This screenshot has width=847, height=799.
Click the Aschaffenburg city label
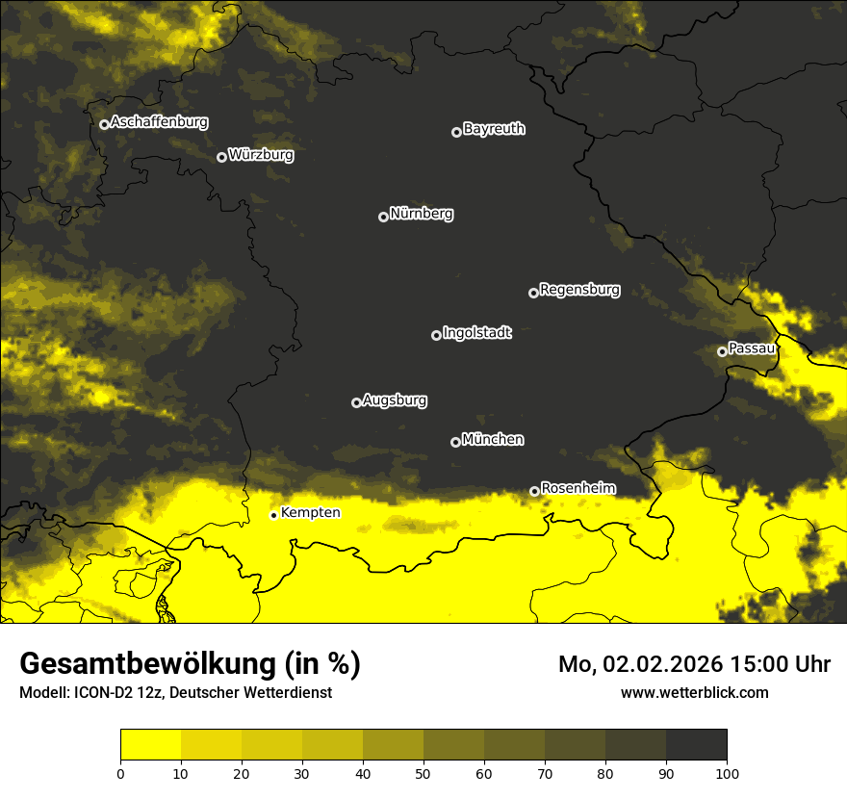pyautogui.click(x=159, y=122)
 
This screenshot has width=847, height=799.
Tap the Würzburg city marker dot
pyautogui.click(x=221, y=157)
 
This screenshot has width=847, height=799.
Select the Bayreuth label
pyautogui.click(x=494, y=129)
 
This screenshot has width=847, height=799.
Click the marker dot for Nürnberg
pyautogui.click(x=383, y=217)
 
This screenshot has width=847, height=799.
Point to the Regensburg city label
pyautogui.click(x=579, y=290)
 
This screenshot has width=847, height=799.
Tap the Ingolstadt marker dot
pyautogui.click(x=436, y=335)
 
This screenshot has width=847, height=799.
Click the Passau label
pyautogui.click(x=752, y=348)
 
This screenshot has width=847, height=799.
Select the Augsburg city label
pyautogui.click(x=395, y=400)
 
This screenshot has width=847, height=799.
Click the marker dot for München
pyautogui.click(x=455, y=442)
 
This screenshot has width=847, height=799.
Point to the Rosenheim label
pyautogui.click(x=577, y=489)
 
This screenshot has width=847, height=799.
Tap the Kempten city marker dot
pyautogui.click(x=273, y=515)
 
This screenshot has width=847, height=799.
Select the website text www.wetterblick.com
pyautogui.click(x=694, y=692)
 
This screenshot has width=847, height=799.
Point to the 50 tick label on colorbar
pyautogui.click(x=423, y=772)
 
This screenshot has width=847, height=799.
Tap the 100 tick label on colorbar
pyautogui.click(x=727, y=772)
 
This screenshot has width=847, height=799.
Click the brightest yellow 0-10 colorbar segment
pyautogui.click(x=150, y=745)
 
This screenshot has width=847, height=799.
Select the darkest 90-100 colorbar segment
pyautogui.click(x=696, y=745)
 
